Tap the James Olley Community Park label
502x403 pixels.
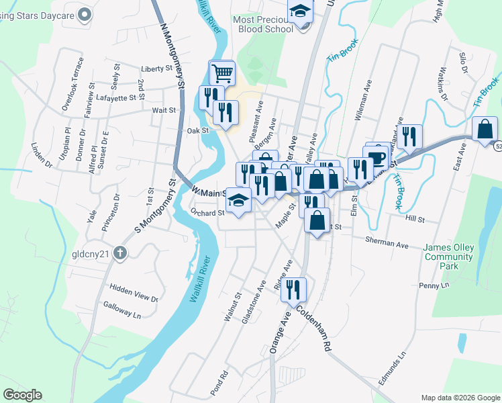click(x=449, y=257)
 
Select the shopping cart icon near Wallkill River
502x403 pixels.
click(x=222, y=72)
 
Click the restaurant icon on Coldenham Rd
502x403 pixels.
click(x=293, y=289)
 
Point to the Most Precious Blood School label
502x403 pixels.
click(x=263, y=24)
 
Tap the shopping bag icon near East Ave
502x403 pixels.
click(x=485, y=129)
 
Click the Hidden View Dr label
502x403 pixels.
click(x=135, y=293)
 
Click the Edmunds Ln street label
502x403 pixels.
click(x=393, y=368)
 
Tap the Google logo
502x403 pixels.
click(x=22, y=395)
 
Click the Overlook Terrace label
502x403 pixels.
click(x=72, y=83)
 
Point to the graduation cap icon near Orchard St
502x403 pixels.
click(x=238, y=201)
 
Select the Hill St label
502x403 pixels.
click(x=415, y=219)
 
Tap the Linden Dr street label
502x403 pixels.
click(x=41, y=157)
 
